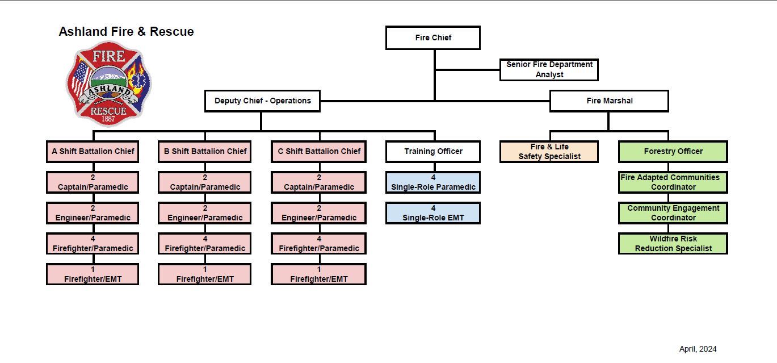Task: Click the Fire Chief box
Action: tap(432, 38)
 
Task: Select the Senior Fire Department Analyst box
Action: tap(549, 69)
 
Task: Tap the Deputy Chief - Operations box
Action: tap(262, 101)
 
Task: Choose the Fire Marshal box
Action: tap(609, 101)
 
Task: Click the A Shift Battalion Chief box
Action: tap(93, 152)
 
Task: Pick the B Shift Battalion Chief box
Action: tap(205, 152)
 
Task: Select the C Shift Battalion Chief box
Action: tap(318, 152)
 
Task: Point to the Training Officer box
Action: tap(432, 152)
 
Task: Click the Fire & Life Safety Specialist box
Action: tap(549, 152)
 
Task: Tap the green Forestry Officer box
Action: tap(673, 152)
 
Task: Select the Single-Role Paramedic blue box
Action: tap(432, 182)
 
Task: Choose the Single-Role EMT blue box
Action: tap(432, 213)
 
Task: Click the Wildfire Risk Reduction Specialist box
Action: tap(673, 244)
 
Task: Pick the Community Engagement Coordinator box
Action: tap(673, 213)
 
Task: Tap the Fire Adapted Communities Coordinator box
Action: tap(673, 182)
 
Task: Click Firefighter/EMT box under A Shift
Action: tap(93, 274)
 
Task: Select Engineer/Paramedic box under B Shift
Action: tap(205, 213)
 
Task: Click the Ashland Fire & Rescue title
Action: tap(126, 32)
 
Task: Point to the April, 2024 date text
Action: tap(698, 349)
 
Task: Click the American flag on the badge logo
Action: tap(80, 78)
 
